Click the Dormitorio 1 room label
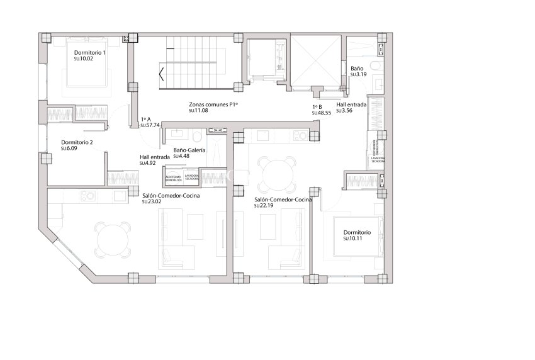point(89,52)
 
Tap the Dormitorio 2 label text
point(77,142)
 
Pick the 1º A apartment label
point(146,119)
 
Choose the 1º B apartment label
point(317,107)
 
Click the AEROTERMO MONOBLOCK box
point(173,179)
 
